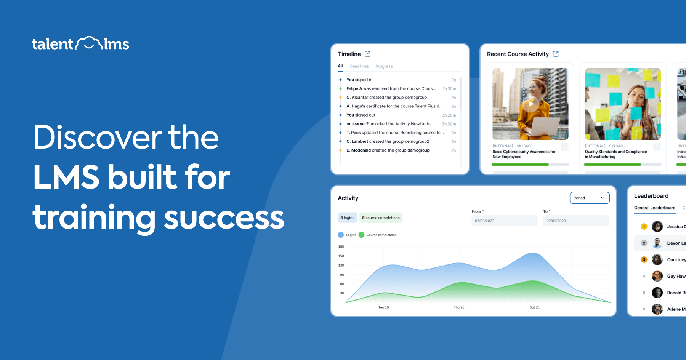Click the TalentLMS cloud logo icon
(x=88, y=43)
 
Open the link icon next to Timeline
(x=367, y=54)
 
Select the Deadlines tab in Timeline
(x=359, y=66)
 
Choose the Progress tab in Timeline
(x=384, y=66)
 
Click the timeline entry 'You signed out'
(x=361, y=115)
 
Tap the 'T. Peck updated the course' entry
(x=395, y=133)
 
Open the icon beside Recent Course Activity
(x=556, y=54)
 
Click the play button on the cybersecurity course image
(x=531, y=104)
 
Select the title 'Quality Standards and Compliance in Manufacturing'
(x=615, y=154)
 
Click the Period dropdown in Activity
(x=589, y=198)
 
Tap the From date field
(x=504, y=221)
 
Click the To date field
(x=576, y=221)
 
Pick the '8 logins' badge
(x=347, y=218)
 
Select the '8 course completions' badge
(x=381, y=218)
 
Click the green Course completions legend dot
(x=361, y=235)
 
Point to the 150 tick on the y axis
(x=341, y=256)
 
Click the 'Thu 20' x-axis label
(x=459, y=307)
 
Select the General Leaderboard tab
(x=654, y=208)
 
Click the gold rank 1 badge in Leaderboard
(x=644, y=227)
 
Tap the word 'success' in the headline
(x=224, y=218)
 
